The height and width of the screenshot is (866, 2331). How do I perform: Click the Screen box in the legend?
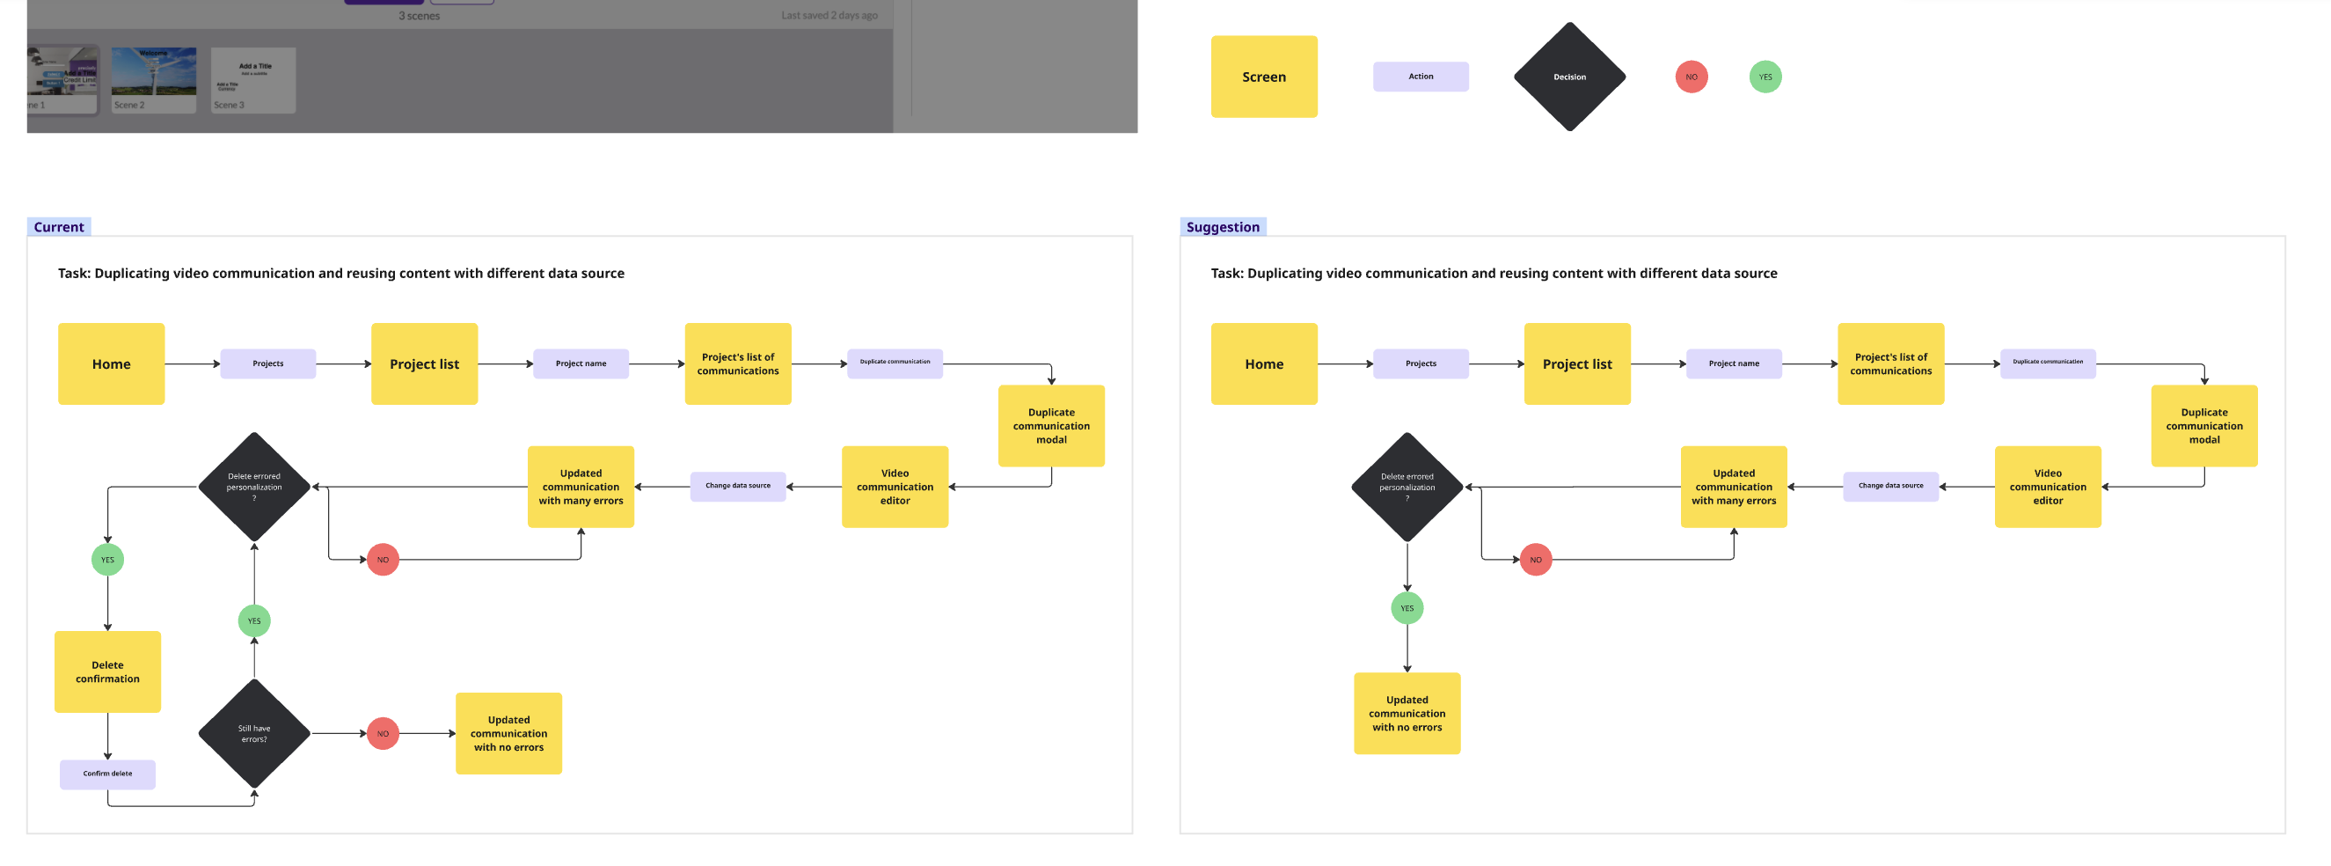(x=1263, y=77)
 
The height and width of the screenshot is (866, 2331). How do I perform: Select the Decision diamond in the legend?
(x=1569, y=77)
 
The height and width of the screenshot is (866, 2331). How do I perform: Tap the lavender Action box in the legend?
(x=1420, y=77)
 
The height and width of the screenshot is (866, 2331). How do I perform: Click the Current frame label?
(x=59, y=227)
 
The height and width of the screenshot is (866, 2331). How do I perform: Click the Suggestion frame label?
(x=1222, y=227)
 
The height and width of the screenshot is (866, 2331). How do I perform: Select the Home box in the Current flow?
(x=112, y=363)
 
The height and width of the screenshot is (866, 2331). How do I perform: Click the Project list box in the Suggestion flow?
(x=1576, y=363)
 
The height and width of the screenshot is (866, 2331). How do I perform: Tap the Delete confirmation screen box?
(x=107, y=672)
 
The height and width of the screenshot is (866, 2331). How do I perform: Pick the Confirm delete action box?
(x=107, y=774)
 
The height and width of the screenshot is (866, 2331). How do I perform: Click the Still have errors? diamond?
(x=254, y=734)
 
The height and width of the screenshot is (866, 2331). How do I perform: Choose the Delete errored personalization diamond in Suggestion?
(x=1407, y=487)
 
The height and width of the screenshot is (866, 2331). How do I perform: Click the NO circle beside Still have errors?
(x=383, y=734)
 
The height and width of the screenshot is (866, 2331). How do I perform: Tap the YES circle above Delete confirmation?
(x=107, y=560)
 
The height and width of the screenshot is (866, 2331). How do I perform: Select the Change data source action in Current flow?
(x=737, y=486)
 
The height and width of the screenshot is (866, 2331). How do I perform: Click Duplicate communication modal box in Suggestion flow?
(x=2203, y=426)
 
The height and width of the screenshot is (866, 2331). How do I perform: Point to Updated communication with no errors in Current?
(x=508, y=734)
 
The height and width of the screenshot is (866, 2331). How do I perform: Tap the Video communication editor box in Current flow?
(x=894, y=487)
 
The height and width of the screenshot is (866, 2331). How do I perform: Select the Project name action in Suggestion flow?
(x=1733, y=363)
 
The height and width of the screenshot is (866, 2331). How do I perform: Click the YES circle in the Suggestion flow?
(x=1407, y=608)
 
